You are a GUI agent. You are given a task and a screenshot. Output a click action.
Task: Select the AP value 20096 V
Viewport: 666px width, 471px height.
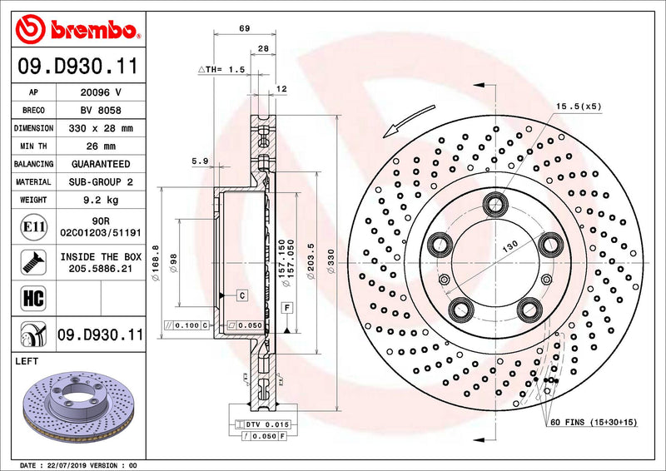tap(100, 92)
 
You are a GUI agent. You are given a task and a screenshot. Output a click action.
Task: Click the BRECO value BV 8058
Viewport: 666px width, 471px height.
tap(100, 111)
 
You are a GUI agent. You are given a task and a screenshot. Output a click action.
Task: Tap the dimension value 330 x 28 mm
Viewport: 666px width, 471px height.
tap(100, 129)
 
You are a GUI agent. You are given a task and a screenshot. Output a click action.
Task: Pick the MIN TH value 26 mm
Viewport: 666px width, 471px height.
tap(100, 146)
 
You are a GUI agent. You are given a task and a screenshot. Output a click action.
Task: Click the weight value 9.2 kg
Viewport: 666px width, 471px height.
tap(100, 200)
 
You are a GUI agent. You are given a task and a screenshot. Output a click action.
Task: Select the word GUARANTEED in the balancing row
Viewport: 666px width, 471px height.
tap(100, 164)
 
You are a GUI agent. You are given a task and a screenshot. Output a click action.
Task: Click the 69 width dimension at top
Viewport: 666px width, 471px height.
tap(244, 28)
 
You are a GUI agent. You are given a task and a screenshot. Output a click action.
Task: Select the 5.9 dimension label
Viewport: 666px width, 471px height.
tap(199, 161)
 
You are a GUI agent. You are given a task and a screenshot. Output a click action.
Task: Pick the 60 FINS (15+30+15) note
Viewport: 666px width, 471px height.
tap(593, 423)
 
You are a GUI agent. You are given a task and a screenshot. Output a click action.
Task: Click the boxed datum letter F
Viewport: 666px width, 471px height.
tap(286, 308)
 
